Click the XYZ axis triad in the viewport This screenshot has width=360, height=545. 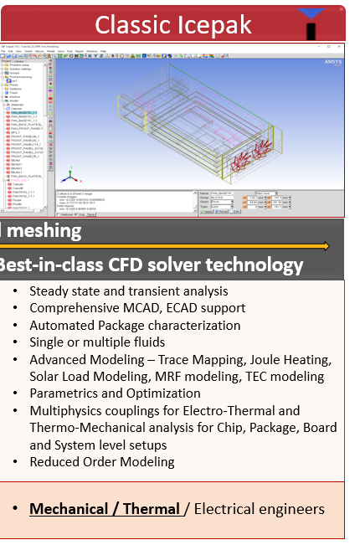coord(73,176)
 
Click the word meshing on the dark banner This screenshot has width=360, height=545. coord(42,231)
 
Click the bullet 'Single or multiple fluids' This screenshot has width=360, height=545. coord(97,342)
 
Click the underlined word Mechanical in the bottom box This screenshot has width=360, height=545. coord(69,509)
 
